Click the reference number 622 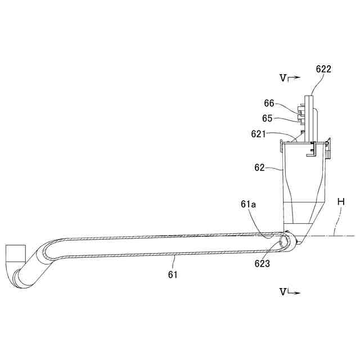(323, 69)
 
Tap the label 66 (269, 103)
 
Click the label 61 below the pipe (173, 274)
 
